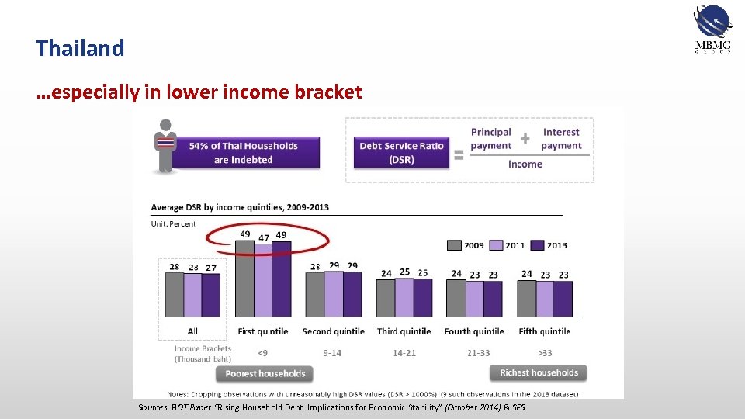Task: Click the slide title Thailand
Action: click(80, 48)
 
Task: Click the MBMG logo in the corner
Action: click(712, 29)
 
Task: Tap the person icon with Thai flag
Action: click(164, 145)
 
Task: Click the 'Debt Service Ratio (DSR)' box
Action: click(401, 152)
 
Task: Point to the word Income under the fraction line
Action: click(525, 164)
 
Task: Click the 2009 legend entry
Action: click(466, 245)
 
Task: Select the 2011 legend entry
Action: click(507, 245)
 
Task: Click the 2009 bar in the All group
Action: click(175, 295)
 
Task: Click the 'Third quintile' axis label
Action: click(404, 331)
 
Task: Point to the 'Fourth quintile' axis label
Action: click(474, 331)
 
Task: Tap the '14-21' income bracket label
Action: click(404, 353)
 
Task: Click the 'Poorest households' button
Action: click(265, 374)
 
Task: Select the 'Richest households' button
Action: click(539, 373)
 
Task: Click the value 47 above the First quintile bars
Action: click(264, 237)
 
